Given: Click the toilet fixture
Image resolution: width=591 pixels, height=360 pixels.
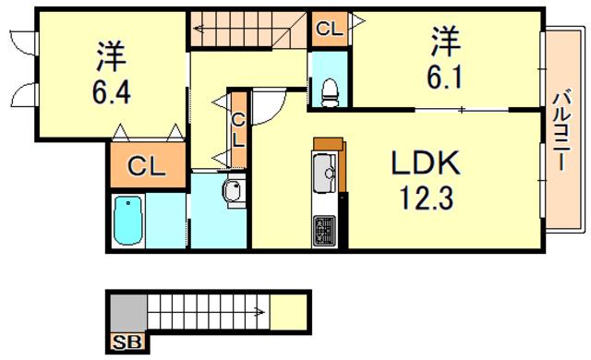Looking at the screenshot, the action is (330, 92).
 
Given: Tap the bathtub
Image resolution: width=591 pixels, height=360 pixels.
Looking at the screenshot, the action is (128, 221).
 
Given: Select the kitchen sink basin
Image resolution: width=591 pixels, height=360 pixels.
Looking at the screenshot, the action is (325, 174).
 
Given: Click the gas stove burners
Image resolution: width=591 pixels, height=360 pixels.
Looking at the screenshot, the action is (324, 230).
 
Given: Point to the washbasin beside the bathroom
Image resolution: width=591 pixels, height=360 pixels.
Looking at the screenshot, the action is (234, 192).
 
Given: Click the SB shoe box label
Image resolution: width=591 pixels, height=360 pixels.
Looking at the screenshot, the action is (127, 342).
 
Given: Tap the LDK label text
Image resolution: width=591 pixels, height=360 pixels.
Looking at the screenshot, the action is (426, 162).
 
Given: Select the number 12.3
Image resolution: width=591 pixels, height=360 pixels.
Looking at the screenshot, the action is (427, 198).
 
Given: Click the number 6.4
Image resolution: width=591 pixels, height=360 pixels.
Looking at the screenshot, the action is (112, 92).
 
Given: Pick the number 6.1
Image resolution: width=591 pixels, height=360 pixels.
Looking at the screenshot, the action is (444, 78).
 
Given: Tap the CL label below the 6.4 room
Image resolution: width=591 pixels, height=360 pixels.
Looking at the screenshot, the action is (146, 166).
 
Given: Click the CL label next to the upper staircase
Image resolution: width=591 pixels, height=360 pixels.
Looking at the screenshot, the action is (330, 29).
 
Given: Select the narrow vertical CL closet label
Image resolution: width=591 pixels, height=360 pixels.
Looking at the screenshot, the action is (238, 130).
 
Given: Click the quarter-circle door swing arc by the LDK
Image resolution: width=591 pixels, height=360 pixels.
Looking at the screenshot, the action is (273, 112).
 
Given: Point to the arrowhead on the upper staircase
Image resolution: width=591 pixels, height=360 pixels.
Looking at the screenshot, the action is (199, 29).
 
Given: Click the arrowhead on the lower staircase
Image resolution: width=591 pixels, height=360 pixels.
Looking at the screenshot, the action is (259, 312).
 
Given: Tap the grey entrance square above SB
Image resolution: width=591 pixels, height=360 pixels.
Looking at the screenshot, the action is (127, 313).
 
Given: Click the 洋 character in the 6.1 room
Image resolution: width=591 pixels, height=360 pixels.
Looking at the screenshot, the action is (446, 41).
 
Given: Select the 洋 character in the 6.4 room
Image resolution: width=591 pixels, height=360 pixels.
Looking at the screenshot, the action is (112, 55).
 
